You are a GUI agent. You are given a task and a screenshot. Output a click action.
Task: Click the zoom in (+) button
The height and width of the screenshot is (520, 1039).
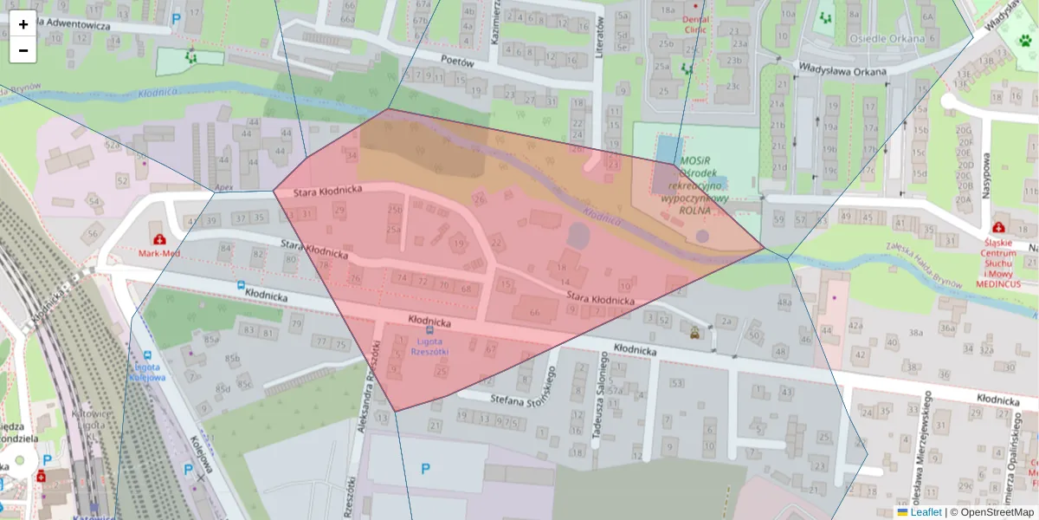23,24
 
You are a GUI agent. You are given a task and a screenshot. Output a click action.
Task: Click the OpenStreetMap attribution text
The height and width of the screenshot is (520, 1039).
997,512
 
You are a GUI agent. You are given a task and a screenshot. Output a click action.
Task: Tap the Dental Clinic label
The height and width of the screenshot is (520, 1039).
694,23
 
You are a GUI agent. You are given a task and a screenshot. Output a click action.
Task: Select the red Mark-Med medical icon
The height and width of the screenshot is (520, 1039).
159,238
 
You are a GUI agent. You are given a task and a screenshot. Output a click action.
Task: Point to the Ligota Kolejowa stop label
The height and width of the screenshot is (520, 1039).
146,372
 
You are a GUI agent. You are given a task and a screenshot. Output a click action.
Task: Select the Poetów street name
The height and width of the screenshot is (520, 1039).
458,62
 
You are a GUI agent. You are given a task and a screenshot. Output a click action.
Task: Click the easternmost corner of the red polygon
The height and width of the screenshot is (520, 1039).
764,248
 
